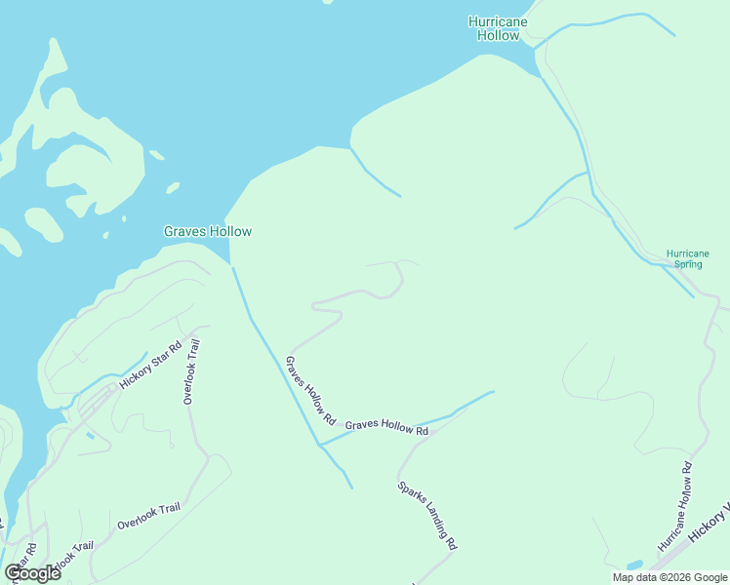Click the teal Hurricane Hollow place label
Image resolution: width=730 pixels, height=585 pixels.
[x=498, y=28]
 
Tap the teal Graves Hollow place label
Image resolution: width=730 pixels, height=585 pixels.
[x=207, y=232]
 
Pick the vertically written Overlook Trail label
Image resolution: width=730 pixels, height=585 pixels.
[x=191, y=371]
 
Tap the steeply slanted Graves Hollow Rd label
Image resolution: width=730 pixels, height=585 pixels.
[x=310, y=391]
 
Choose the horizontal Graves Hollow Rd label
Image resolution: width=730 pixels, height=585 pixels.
[x=386, y=427]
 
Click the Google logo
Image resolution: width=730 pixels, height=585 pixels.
[x=32, y=573]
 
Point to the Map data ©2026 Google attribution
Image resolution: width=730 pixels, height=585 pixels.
[x=669, y=577]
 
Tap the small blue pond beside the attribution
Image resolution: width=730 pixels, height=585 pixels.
[x=634, y=565]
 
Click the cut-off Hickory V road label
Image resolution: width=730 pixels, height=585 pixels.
[x=710, y=524]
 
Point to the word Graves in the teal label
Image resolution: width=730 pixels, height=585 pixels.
[x=183, y=232]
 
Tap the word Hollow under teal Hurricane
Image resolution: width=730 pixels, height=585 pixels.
[x=498, y=35]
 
